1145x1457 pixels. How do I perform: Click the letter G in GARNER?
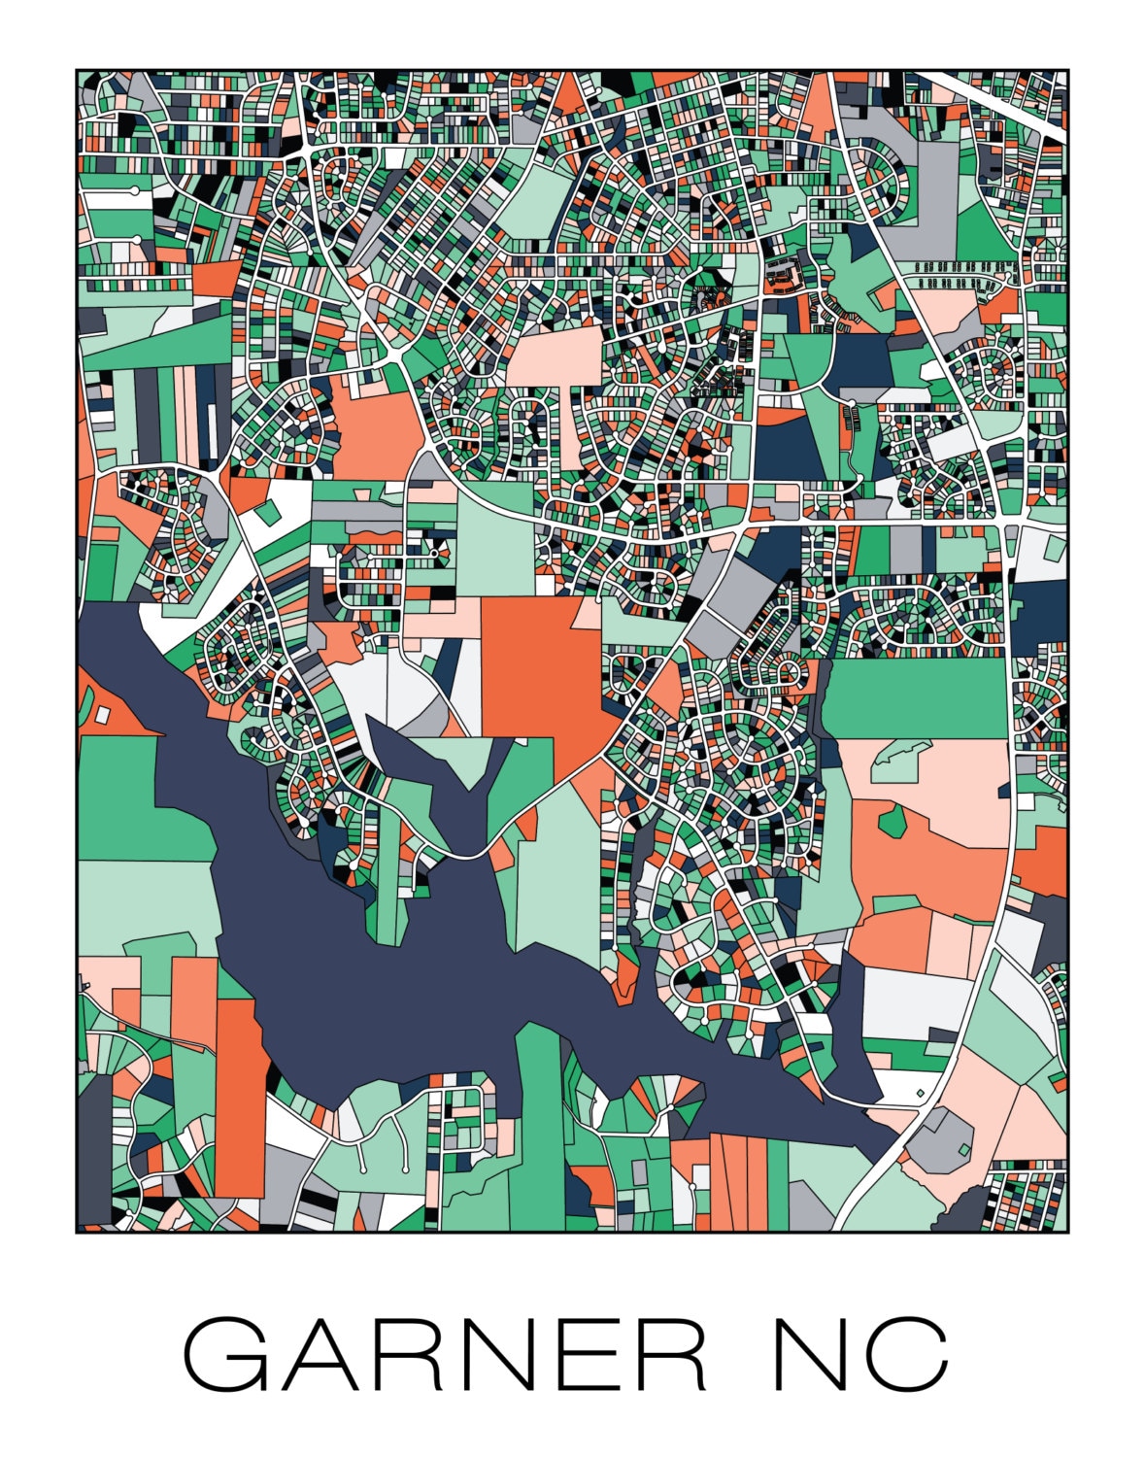(x=225, y=1354)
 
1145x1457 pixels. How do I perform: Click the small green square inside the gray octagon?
(x=963, y=1150)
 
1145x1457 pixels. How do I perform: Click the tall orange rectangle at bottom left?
(x=239, y=1098)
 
